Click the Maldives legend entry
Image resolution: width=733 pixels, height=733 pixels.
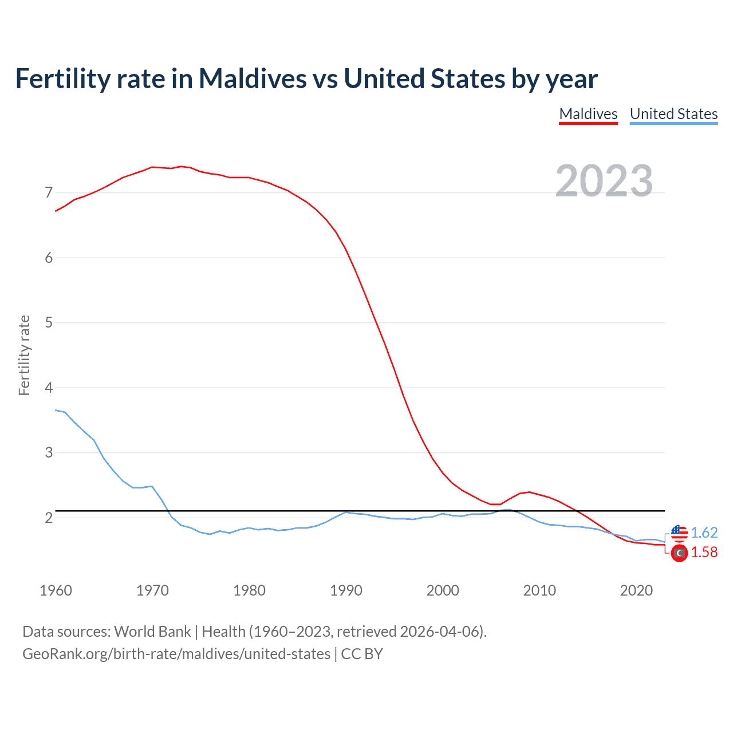click(x=588, y=114)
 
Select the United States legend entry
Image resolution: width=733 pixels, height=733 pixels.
click(x=673, y=114)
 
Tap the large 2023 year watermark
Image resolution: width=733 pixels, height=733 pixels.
click(x=604, y=181)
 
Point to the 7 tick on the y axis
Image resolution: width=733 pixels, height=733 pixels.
click(x=49, y=192)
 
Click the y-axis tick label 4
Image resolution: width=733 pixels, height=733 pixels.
click(x=49, y=388)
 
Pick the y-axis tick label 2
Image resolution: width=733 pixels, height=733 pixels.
click(x=49, y=518)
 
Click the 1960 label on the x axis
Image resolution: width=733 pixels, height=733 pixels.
click(x=56, y=590)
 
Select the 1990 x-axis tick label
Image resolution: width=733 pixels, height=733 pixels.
click(x=346, y=590)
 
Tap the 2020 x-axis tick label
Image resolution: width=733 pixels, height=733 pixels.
click(x=636, y=590)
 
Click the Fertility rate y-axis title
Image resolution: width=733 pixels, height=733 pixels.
click(x=24, y=355)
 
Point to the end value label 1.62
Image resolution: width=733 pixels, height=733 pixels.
click(x=704, y=533)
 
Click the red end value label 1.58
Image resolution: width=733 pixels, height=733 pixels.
click(x=704, y=552)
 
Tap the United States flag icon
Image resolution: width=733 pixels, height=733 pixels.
click(x=679, y=533)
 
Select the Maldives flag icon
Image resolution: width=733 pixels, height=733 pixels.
click(x=679, y=553)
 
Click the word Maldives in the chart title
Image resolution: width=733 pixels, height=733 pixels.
click(x=253, y=78)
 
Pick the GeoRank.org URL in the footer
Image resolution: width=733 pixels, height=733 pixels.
click(x=176, y=654)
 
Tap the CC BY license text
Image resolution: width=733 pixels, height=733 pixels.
click(x=362, y=654)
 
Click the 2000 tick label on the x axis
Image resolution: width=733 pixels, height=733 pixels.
click(x=443, y=590)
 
